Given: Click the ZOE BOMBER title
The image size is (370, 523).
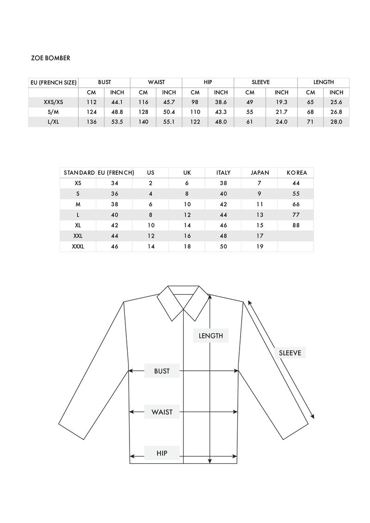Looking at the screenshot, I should click(x=50, y=58).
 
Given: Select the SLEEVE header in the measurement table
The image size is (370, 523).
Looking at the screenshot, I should click(x=260, y=82).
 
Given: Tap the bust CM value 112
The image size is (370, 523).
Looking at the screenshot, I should click(x=92, y=102).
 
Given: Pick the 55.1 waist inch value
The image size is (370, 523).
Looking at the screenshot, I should click(x=169, y=122).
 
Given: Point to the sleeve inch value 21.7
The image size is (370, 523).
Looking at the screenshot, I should click(x=281, y=112).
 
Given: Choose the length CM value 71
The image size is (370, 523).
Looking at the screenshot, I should click(x=310, y=122).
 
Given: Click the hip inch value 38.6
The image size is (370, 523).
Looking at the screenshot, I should click(x=221, y=102).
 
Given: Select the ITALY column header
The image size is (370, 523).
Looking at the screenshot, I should click(x=223, y=172).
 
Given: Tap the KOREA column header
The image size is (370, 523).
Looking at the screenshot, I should click(x=296, y=172).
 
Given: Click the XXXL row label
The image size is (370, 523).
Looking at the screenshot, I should click(x=78, y=246).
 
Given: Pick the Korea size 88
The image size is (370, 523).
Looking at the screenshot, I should click(x=296, y=225).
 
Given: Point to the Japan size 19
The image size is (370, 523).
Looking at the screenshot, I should click(x=259, y=246).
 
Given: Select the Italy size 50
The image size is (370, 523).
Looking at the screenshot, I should click(x=223, y=246).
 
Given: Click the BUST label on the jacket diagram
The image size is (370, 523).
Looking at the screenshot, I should click(x=162, y=371).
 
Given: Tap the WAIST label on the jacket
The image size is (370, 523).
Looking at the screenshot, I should click(x=162, y=412).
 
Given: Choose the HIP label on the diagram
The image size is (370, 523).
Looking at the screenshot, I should click(x=162, y=453).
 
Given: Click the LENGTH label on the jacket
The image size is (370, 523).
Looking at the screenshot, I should click(x=211, y=336).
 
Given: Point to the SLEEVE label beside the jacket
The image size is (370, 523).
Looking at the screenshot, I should click(x=290, y=353).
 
